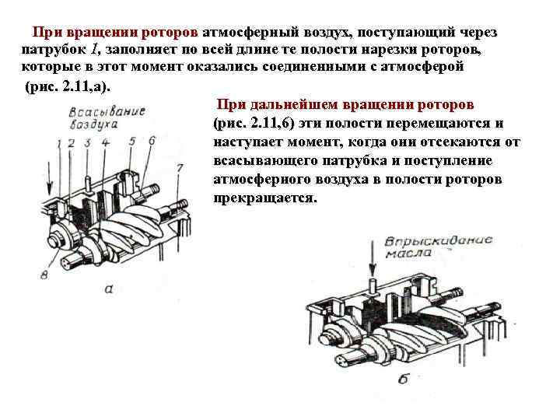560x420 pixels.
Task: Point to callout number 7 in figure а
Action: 180,167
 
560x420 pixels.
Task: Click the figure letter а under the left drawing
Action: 108,289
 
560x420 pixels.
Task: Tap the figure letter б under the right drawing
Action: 403,380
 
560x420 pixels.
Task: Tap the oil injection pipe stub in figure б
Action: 373,285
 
